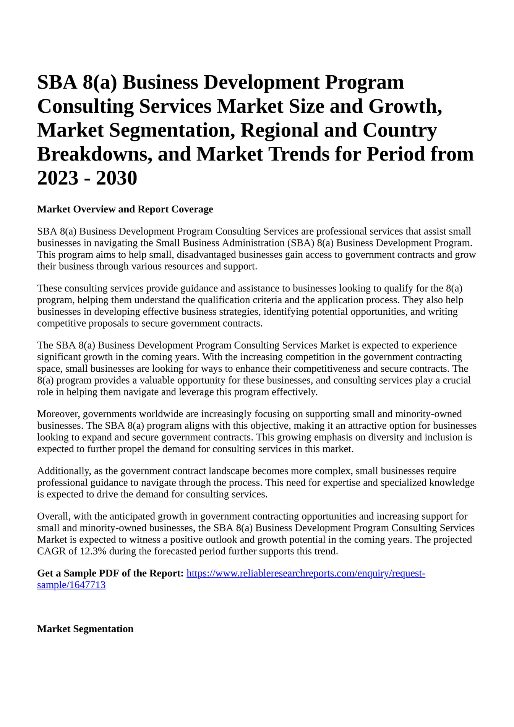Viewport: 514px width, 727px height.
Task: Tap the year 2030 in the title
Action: pyautogui.click(x=117, y=178)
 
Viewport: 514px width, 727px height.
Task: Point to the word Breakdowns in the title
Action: pyautogui.click(x=92, y=154)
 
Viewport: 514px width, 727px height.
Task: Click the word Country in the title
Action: pyautogui.click(x=399, y=130)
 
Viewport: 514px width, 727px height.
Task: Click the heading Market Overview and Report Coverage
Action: pyautogui.click(x=125, y=209)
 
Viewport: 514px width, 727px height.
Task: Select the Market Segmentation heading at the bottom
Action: pyautogui.click(x=85, y=629)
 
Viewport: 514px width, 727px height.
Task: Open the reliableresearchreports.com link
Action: pyautogui.click(x=306, y=573)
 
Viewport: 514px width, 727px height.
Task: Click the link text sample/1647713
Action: pyautogui.click(x=71, y=585)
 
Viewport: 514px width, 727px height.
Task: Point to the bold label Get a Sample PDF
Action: pyautogui.click(x=110, y=573)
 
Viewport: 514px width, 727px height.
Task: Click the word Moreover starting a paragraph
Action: pyautogui.click(x=58, y=414)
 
